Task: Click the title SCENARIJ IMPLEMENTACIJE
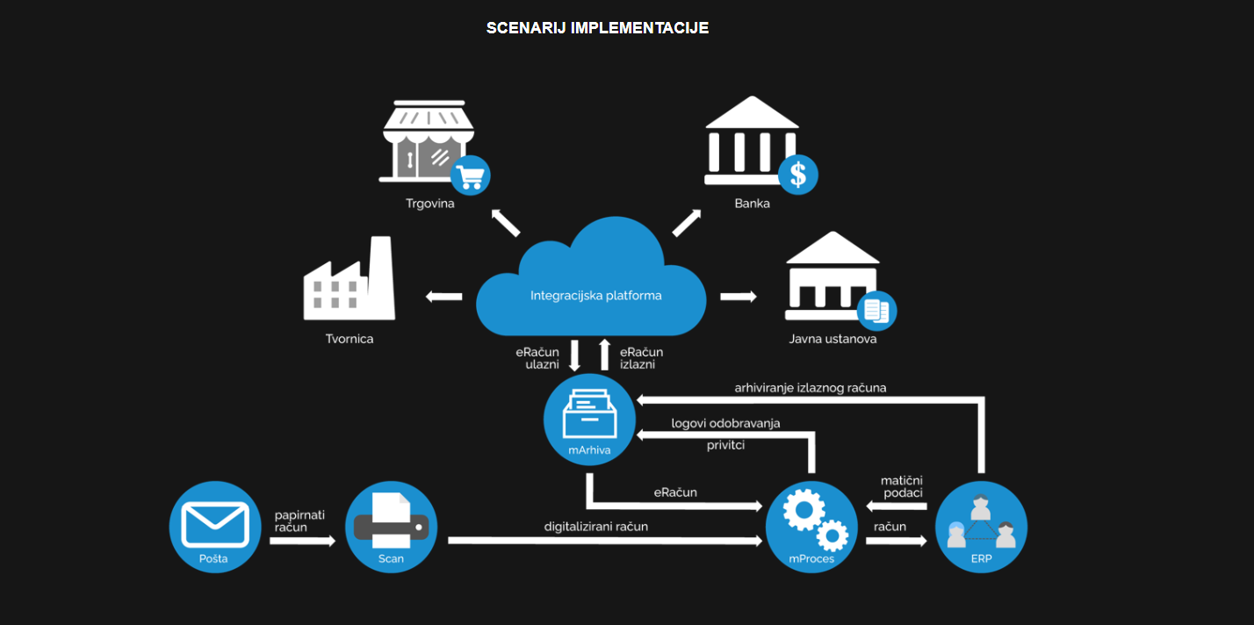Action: point(597,28)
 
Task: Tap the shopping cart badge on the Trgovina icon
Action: point(470,176)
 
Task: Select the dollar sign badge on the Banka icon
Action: point(797,174)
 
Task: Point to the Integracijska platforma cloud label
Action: point(595,296)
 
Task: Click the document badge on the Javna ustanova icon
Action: point(876,310)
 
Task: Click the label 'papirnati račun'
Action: point(299,520)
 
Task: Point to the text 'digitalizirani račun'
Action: point(595,526)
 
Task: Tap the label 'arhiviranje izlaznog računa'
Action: point(810,387)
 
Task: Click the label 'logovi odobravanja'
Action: point(725,423)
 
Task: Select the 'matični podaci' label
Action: point(902,486)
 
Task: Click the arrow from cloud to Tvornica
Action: point(443,297)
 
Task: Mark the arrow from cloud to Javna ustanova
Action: point(739,297)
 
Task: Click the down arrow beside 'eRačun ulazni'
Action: point(575,355)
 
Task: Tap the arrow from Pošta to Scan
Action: point(302,542)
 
